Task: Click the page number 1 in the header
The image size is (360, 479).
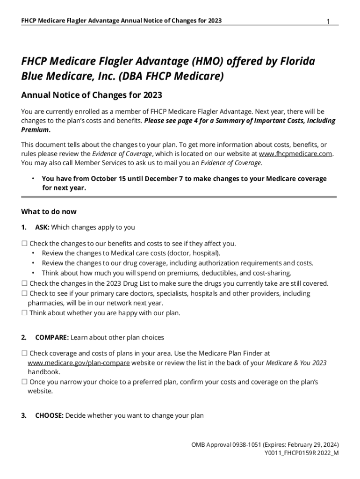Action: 328,22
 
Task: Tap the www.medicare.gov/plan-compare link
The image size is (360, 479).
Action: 79,363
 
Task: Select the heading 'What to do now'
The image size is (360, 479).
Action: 49,211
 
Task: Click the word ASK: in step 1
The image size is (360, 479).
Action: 42,227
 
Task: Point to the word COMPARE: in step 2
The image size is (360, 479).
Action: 52,337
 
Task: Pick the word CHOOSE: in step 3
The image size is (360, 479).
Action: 49,415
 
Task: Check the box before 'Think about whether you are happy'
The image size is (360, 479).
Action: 24,313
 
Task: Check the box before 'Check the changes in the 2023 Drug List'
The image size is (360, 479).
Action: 24,283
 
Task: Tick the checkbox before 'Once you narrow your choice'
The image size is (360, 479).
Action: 24,382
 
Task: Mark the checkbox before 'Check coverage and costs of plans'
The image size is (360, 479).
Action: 24,354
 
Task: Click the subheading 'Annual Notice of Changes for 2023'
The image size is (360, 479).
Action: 92,95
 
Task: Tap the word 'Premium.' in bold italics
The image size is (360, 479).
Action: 36,130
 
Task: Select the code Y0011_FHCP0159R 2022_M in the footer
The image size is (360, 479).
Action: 302,453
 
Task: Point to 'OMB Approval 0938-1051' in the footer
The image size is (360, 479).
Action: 223,444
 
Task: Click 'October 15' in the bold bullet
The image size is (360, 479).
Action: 107,179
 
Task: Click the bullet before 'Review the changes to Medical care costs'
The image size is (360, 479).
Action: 33,253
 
